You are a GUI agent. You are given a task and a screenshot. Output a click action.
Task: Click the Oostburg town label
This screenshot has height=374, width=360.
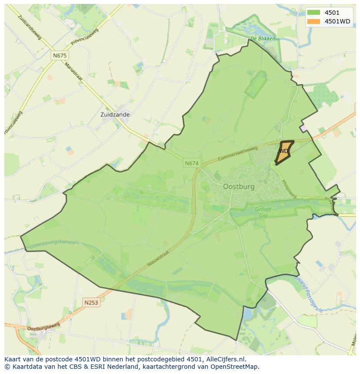[x=239, y=186]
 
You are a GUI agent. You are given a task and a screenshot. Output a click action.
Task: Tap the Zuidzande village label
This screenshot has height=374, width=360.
[x=115, y=115]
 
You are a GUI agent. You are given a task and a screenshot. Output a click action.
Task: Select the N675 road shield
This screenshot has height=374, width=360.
[x=60, y=56]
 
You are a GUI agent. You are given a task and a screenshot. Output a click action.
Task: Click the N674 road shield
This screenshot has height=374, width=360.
[x=191, y=163]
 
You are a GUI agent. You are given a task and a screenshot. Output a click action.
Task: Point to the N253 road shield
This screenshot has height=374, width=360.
[x=91, y=302]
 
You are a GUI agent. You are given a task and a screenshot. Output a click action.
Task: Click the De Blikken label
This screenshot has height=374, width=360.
[x=263, y=38]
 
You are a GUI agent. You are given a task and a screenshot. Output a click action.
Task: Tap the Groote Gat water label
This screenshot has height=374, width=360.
[x=263, y=212]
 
